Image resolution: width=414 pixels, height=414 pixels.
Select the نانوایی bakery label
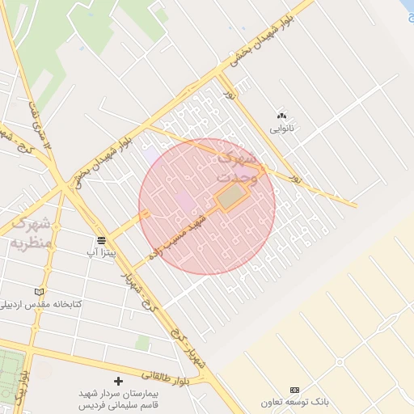(281, 129)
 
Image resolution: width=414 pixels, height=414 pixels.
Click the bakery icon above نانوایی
(281, 116)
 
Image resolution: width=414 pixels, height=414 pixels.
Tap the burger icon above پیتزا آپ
(101, 240)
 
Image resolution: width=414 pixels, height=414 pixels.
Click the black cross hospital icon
(119, 380)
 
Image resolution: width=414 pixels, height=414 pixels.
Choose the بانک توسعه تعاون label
(295, 402)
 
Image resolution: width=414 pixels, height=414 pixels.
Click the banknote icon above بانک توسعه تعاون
(294, 390)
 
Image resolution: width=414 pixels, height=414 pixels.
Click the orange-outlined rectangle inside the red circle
(231, 196)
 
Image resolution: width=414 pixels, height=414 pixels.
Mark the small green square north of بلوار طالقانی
(142, 344)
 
